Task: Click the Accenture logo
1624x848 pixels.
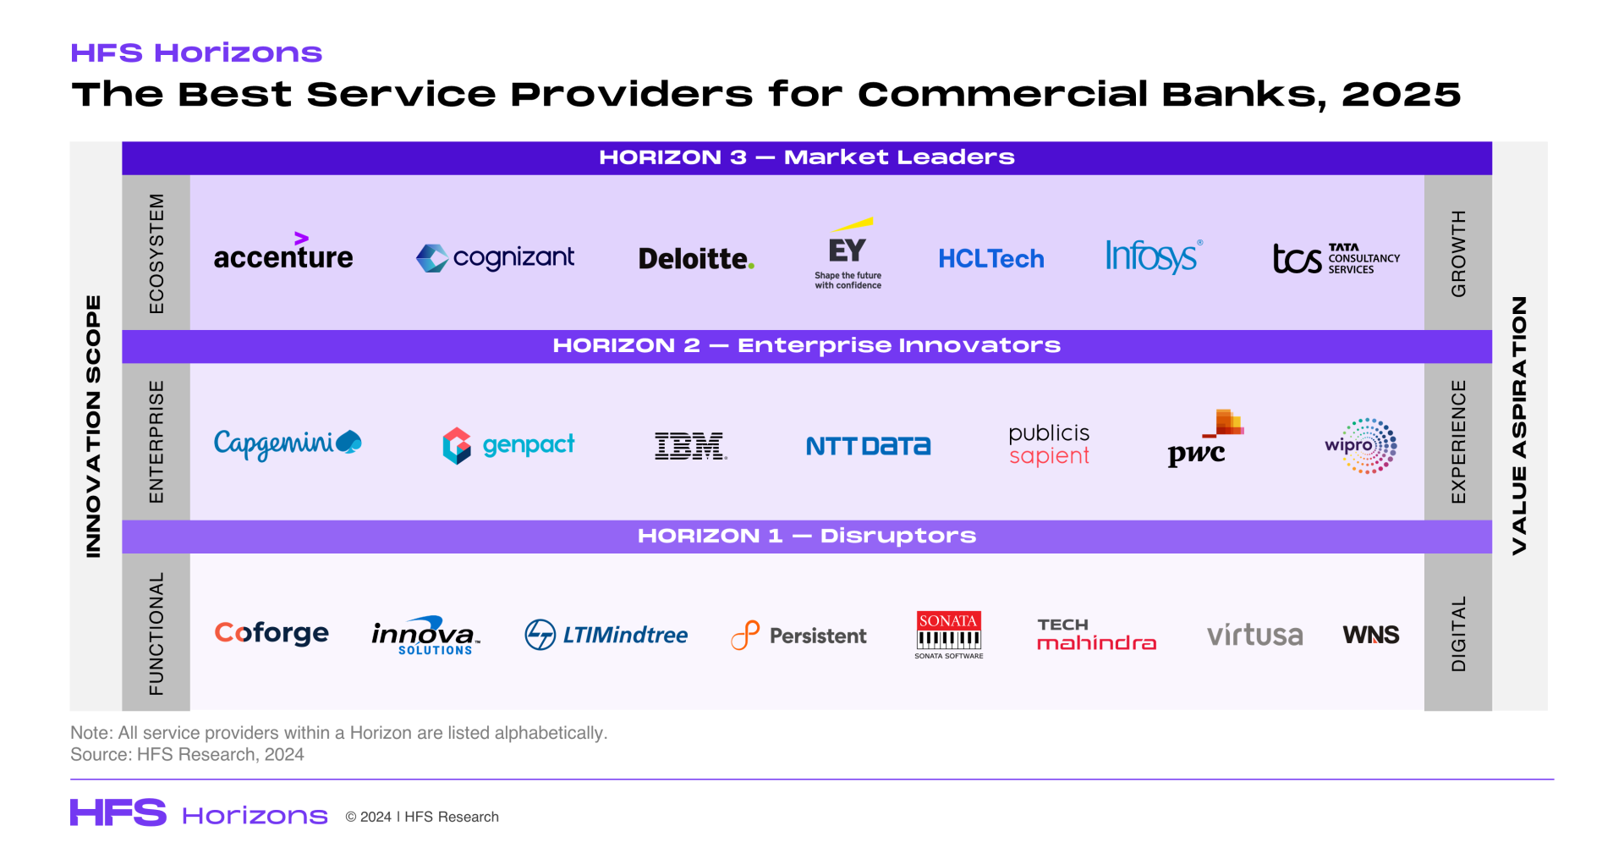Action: coord(283,251)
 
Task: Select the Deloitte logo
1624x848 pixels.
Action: coord(696,258)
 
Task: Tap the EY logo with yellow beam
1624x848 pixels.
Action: coord(848,254)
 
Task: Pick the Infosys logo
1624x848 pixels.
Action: coord(1154,256)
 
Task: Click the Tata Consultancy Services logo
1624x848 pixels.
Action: coord(1336,258)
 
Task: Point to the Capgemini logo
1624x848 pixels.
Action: coord(288,444)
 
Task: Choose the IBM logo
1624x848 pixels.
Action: coord(691,446)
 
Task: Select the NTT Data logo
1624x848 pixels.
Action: coord(868,446)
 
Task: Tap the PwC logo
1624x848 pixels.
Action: coord(1205,438)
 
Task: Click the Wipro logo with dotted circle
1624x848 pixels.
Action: coord(1361,445)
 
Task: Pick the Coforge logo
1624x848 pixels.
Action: coord(272,633)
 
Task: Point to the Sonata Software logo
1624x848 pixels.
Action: coord(949,635)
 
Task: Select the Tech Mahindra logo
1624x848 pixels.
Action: coord(1097,635)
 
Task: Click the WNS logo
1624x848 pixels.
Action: coord(1371,635)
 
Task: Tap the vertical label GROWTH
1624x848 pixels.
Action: coord(1458,253)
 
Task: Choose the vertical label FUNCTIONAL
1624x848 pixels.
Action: coord(156,634)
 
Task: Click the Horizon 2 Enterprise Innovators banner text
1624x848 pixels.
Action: coord(806,345)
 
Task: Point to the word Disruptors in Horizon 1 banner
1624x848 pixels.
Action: coord(898,536)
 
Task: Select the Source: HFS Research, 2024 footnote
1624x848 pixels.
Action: coord(187,754)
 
